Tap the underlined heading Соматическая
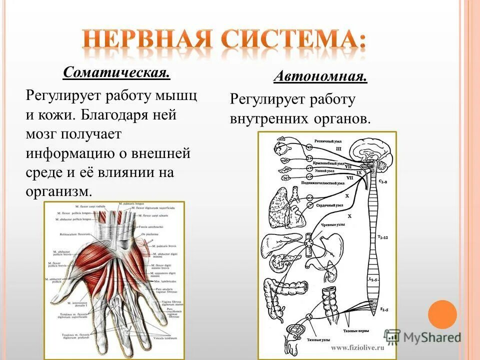116,73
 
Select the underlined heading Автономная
320,77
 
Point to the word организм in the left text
58,191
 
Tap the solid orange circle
443,314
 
